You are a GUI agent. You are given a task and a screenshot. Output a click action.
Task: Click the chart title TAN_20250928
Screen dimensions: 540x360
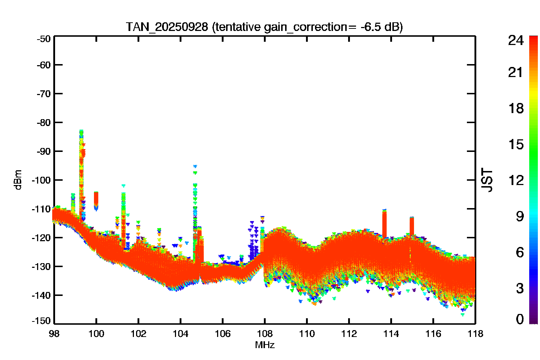coord(167,27)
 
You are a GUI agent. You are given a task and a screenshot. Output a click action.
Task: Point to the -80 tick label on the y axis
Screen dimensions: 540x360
coord(44,122)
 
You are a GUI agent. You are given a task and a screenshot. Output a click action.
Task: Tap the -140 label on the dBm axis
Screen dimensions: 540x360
coord(41,295)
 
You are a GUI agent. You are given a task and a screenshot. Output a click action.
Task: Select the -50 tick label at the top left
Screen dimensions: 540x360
coord(44,39)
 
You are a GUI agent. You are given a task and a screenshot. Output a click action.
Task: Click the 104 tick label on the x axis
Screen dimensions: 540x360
coord(181,334)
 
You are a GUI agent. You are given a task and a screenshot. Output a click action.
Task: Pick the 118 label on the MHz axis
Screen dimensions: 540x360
coord(475,334)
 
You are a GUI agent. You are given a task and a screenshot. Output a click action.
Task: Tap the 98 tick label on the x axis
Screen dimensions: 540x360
coord(54,334)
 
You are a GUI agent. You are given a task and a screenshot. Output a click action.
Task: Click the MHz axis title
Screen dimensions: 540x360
coord(265,345)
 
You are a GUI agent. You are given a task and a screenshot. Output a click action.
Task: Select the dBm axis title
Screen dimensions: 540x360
coord(18,180)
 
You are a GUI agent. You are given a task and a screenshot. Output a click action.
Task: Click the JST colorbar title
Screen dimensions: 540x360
coord(487,180)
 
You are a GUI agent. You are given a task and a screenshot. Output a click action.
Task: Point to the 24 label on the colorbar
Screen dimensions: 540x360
coord(516,40)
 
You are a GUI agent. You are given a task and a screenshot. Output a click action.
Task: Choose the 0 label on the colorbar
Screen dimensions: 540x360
coord(520,319)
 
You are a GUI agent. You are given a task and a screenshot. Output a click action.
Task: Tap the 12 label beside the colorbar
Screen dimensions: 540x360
coord(516,180)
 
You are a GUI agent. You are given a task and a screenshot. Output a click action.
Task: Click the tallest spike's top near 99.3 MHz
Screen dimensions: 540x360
coord(81,131)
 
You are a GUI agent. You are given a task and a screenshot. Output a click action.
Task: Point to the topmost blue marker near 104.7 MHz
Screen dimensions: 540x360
coord(195,166)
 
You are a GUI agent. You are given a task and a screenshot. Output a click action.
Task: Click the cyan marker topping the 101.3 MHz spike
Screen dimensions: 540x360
coord(123,186)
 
